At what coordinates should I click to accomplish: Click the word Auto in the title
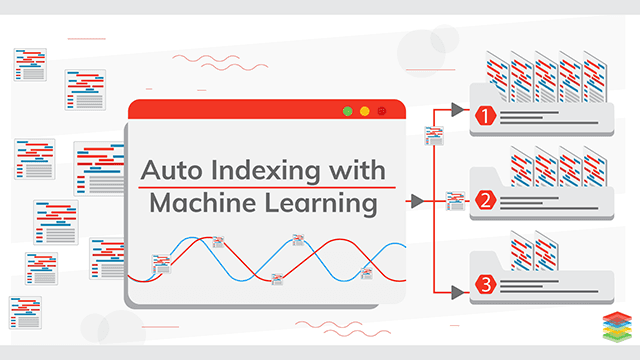tap(172, 169)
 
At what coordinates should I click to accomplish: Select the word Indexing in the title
tap(274, 169)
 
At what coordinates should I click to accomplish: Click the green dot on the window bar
tap(348, 111)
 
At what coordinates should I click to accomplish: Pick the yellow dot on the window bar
tap(365, 111)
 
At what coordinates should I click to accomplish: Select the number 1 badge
tap(487, 116)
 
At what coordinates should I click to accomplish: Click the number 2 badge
tap(487, 201)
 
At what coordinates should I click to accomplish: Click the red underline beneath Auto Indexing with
tap(265, 187)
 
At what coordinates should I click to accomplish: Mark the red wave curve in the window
tap(330, 245)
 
